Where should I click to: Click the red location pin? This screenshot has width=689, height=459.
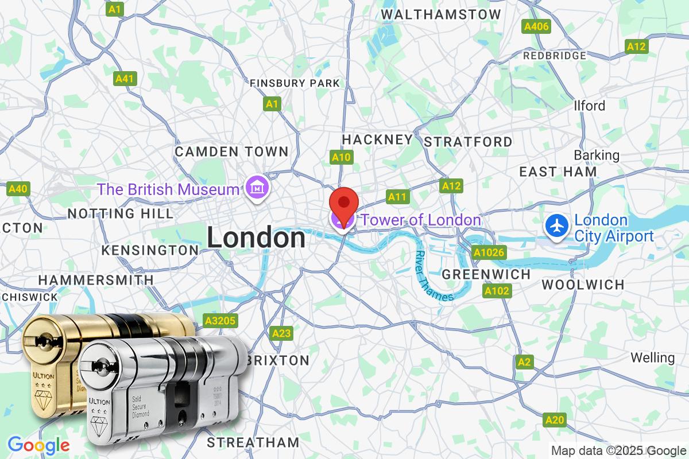point(343,204)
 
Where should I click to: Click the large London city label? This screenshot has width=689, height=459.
point(256,238)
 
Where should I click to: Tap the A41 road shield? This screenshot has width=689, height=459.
point(124,79)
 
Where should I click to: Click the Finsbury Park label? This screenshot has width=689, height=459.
point(295,83)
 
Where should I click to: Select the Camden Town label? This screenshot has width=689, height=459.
point(231,152)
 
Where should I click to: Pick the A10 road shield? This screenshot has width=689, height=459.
point(342,157)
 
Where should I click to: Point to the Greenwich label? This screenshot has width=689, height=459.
point(486,274)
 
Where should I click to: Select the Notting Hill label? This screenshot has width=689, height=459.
point(120,213)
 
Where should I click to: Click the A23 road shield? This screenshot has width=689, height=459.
point(282,333)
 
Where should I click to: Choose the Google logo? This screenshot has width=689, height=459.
point(38,445)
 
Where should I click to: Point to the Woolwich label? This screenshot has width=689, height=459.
point(583,285)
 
